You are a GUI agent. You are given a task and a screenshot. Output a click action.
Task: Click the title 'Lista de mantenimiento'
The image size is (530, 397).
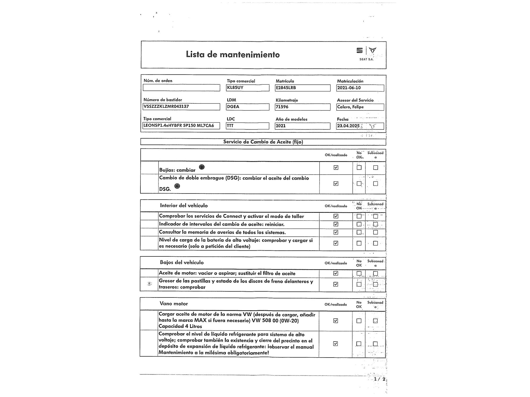click(233, 55)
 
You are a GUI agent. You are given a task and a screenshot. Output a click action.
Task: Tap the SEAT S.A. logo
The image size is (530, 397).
click(366, 53)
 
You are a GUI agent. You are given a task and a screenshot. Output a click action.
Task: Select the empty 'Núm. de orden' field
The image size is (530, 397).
click(181, 88)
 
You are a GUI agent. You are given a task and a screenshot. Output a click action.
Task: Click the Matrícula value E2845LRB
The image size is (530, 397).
click(286, 88)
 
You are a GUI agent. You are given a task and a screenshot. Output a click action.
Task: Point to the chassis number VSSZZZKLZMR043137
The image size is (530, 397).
click(166, 106)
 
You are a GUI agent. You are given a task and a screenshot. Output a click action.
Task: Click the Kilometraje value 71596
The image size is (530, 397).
click(282, 107)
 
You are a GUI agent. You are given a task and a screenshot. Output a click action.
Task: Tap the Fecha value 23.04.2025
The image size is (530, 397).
click(348, 126)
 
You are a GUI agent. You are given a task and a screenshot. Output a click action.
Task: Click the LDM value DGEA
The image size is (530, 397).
click(233, 107)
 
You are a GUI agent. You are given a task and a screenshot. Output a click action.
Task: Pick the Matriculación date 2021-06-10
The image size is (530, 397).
click(349, 88)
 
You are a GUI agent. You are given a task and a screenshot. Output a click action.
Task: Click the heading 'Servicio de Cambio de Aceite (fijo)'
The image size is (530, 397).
click(263, 142)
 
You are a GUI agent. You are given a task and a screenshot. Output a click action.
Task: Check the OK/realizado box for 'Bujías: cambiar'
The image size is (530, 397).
click(336, 168)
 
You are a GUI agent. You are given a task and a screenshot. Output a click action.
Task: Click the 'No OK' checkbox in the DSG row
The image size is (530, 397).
click(359, 183)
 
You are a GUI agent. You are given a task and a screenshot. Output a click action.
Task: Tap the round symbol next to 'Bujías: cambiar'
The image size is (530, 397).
click(202, 167)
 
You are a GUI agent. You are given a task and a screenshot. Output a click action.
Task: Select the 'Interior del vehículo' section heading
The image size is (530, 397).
click(184, 205)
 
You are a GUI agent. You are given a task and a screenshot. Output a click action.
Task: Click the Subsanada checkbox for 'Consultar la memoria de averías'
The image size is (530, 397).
click(375, 232)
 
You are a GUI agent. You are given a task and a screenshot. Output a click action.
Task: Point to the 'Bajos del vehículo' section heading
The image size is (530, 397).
click(182, 262)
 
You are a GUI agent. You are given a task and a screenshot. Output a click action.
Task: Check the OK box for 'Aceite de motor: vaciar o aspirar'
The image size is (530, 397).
click(335, 273)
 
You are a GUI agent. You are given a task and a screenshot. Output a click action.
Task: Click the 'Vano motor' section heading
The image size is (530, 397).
click(174, 304)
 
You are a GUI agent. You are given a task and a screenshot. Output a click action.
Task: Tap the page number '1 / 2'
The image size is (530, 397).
click(379, 379)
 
